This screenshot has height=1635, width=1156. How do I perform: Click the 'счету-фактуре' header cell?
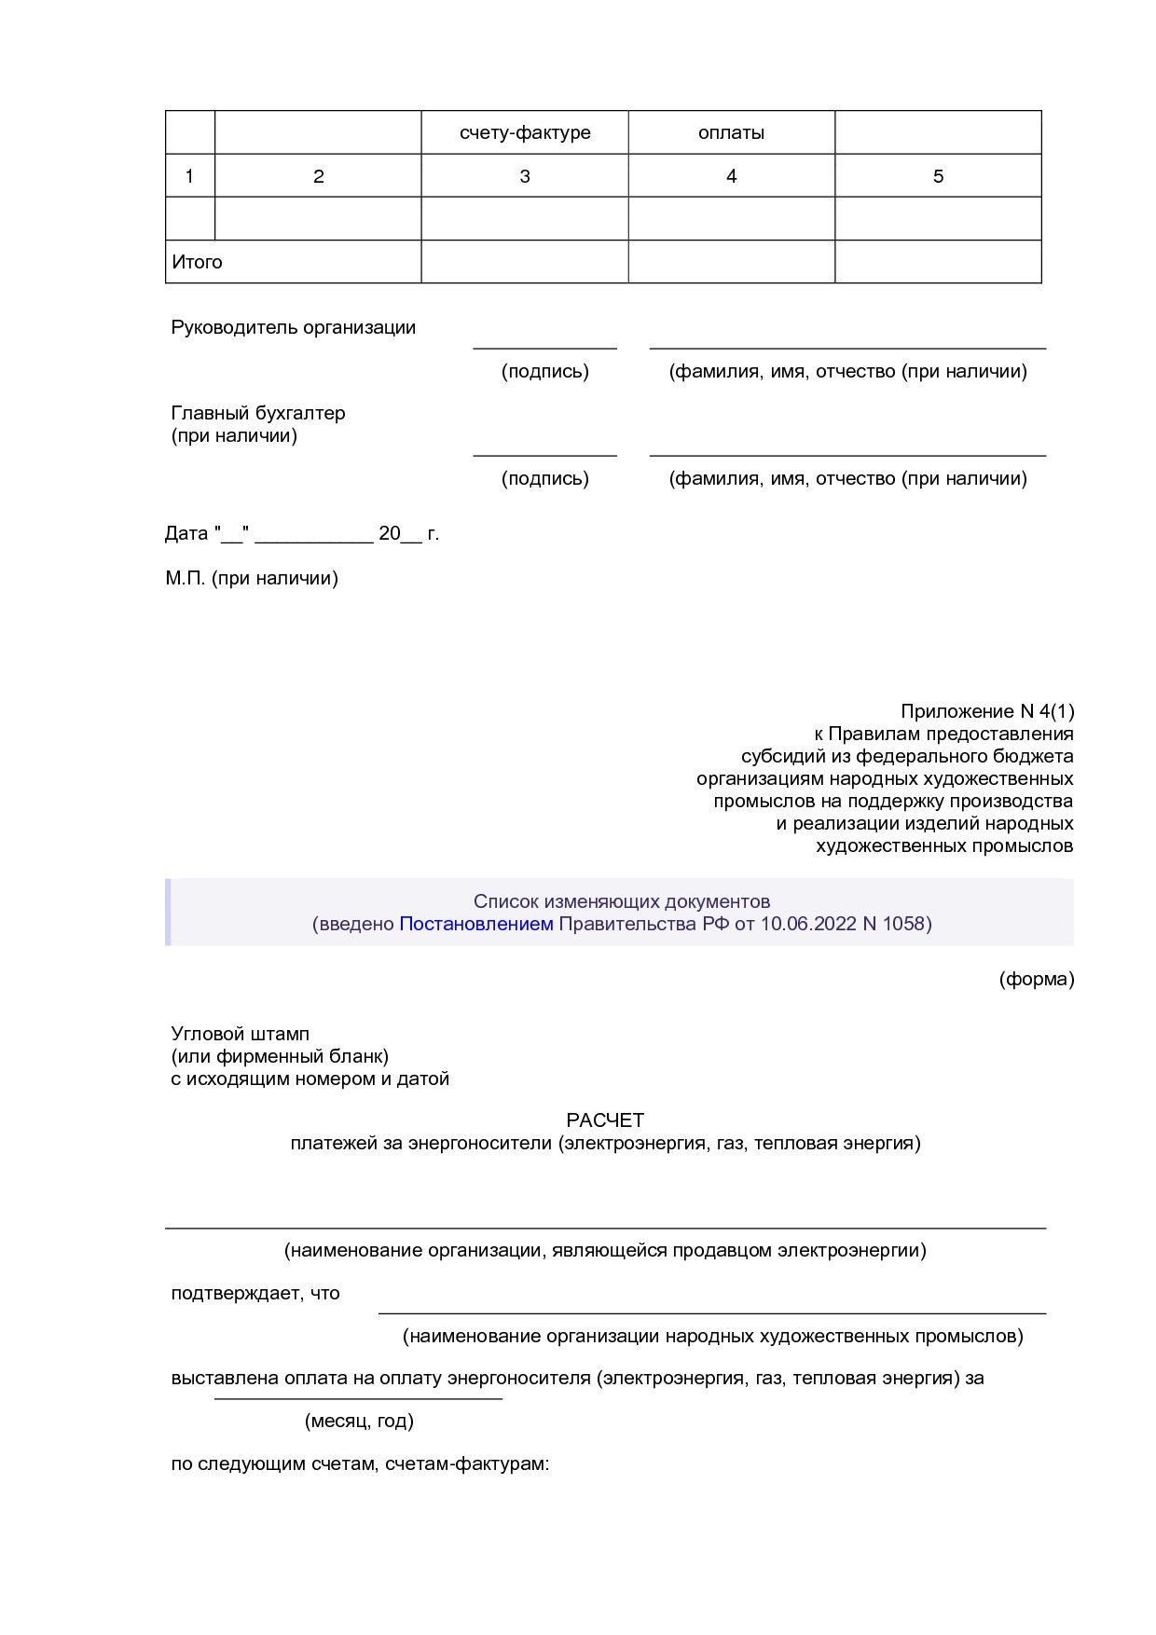click(x=525, y=132)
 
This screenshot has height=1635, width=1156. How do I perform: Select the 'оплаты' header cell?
click(x=731, y=132)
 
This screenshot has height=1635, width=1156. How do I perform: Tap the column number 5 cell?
click(x=938, y=176)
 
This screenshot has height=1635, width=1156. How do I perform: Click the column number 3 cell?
click(x=525, y=176)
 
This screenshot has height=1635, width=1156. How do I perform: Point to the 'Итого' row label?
click(x=197, y=262)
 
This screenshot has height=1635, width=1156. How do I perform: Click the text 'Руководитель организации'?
click(x=293, y=327)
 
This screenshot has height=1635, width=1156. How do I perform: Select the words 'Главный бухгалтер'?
click(x=258, y=413)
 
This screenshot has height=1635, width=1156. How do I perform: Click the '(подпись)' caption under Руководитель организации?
click(x=544, y=371)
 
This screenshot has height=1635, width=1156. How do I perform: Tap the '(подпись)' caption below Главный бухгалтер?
click(x=544, y=478)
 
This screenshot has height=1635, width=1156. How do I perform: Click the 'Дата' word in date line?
click(x=186, y=533)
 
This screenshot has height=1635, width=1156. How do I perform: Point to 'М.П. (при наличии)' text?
click(x=252, y=578)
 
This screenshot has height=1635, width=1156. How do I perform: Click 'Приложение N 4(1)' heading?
click(x=986, y=711)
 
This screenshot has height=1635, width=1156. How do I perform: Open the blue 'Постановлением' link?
click(x=475, y=924)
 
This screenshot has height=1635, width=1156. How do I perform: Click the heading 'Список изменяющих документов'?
click(x=621, y=901)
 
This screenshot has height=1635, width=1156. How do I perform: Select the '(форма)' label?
click(x=1036, y=979)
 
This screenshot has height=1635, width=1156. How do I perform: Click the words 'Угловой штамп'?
click(x=240, y=1034)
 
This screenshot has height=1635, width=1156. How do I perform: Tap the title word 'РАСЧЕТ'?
click(x=605, y=1120)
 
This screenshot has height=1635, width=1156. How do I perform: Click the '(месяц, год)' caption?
click(x=359, y=1421)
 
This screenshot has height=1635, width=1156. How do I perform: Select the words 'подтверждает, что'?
click(x=255, y=1293)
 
